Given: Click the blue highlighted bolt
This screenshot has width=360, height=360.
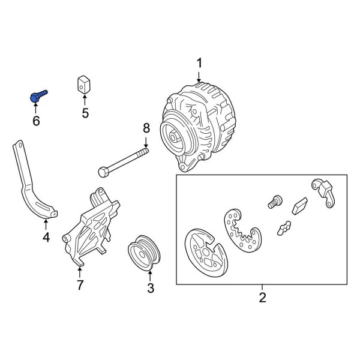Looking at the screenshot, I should (38, 95).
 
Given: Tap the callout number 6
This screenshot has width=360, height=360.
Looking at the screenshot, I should (35, 121).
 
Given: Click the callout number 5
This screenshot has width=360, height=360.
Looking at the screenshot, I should (85, 113).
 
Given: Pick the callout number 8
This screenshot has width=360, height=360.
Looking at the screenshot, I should (145, 127).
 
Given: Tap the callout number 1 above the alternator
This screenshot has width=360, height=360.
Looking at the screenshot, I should (200, 63).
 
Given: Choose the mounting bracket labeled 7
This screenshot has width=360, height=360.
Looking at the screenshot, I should (90, 228).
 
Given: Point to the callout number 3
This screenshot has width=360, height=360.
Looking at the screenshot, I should (151, 289).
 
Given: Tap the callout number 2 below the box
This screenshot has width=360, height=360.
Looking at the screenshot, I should (262, 296).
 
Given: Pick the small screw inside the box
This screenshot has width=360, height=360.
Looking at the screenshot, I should (277, 200).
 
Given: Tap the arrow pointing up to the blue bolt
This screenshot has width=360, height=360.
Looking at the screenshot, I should (35, 108).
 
